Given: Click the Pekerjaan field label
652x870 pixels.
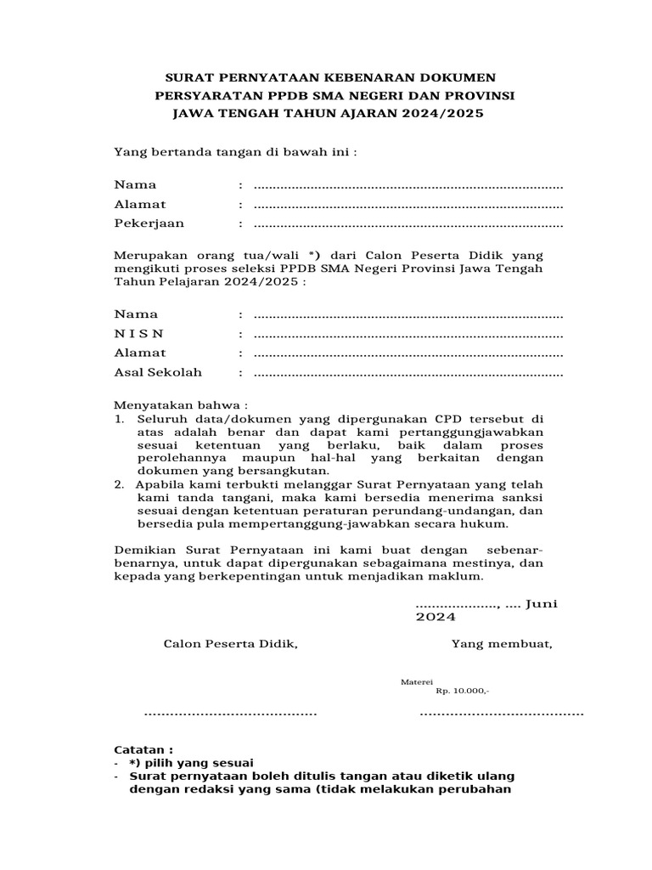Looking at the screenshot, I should (x=149, y=223).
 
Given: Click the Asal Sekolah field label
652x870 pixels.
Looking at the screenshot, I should (x=159, y=372).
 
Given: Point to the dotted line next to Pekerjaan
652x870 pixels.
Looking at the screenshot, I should (x=408, y=225).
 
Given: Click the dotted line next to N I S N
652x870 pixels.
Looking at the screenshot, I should (x=408, y=335).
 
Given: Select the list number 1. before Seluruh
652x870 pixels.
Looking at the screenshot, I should (x=120, y=420).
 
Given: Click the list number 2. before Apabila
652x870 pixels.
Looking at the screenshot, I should (x=120, y=483).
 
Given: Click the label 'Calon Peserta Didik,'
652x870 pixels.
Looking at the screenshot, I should (x=231, y=643).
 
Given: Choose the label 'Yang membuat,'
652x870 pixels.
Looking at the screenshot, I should (x=502, y=643).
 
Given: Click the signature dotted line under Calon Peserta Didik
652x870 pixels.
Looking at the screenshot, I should (x=230, y=713).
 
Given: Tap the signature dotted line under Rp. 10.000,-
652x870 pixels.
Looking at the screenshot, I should (x=502, y=713).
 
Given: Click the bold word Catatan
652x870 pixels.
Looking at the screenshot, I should (x=140, y=750).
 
